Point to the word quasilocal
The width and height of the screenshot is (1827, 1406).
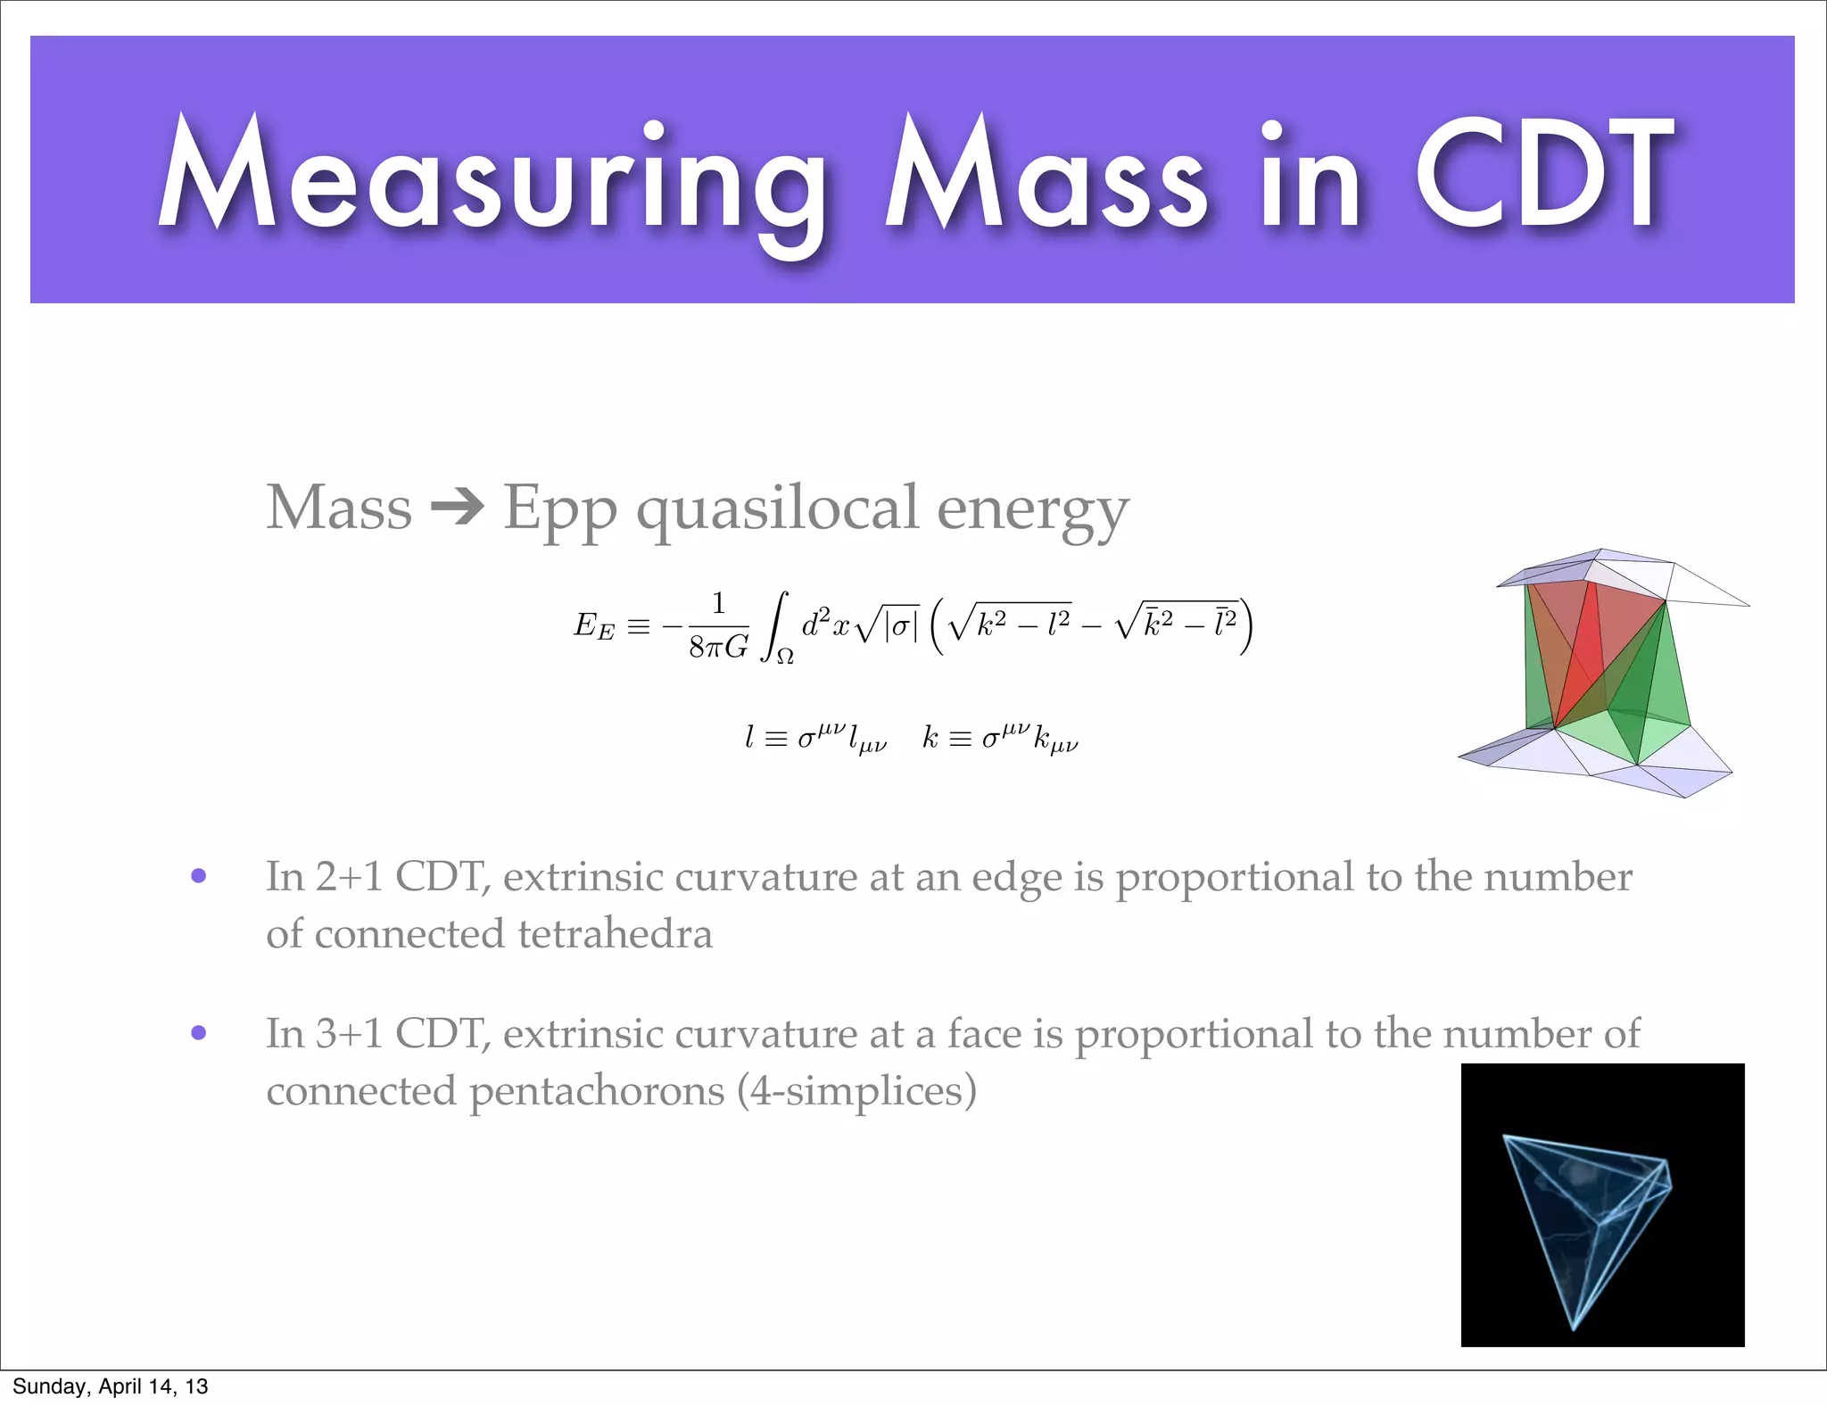click(776, 509)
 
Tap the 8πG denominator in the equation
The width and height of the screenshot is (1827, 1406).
click(718, 647)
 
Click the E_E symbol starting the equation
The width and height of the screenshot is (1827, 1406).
click(594, 625)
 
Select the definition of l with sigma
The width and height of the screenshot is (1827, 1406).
click(815, 739)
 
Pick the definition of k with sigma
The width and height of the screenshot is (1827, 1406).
click(1000, 739)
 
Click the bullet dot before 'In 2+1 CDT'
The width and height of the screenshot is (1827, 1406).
click(199, 876)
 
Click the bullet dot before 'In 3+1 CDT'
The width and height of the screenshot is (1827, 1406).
click(199, 1033)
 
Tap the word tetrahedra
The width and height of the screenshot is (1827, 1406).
click(615, 934)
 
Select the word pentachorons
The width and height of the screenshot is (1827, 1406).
click(597, 1091)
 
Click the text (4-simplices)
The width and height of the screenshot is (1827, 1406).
click(857, 1091)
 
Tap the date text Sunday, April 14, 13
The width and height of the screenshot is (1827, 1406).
click(111, 1386)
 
